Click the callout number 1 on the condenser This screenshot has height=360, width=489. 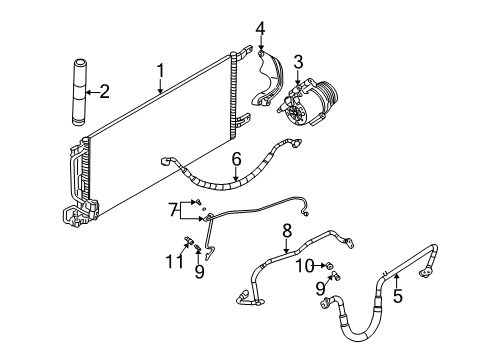click(160, 70)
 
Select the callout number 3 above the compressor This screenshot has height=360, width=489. click(298, 63)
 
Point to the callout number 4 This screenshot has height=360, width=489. click(261, 29)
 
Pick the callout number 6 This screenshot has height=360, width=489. click(236, 159)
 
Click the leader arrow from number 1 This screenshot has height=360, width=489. click(160, 84)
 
